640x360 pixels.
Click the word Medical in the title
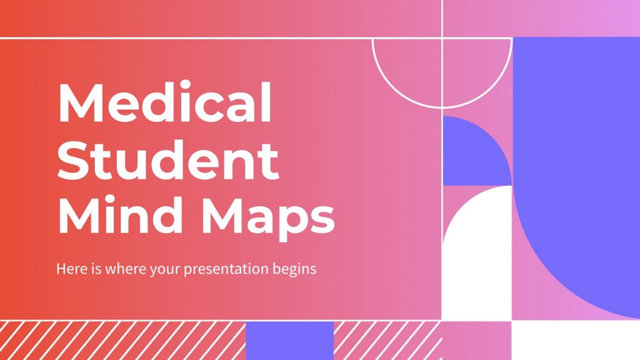click(165, 104)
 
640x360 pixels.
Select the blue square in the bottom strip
click(289, 340)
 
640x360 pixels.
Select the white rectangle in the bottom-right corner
click(575, 340)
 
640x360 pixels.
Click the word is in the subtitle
click(94, 269)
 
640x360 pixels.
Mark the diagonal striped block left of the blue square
click(122, 340)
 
